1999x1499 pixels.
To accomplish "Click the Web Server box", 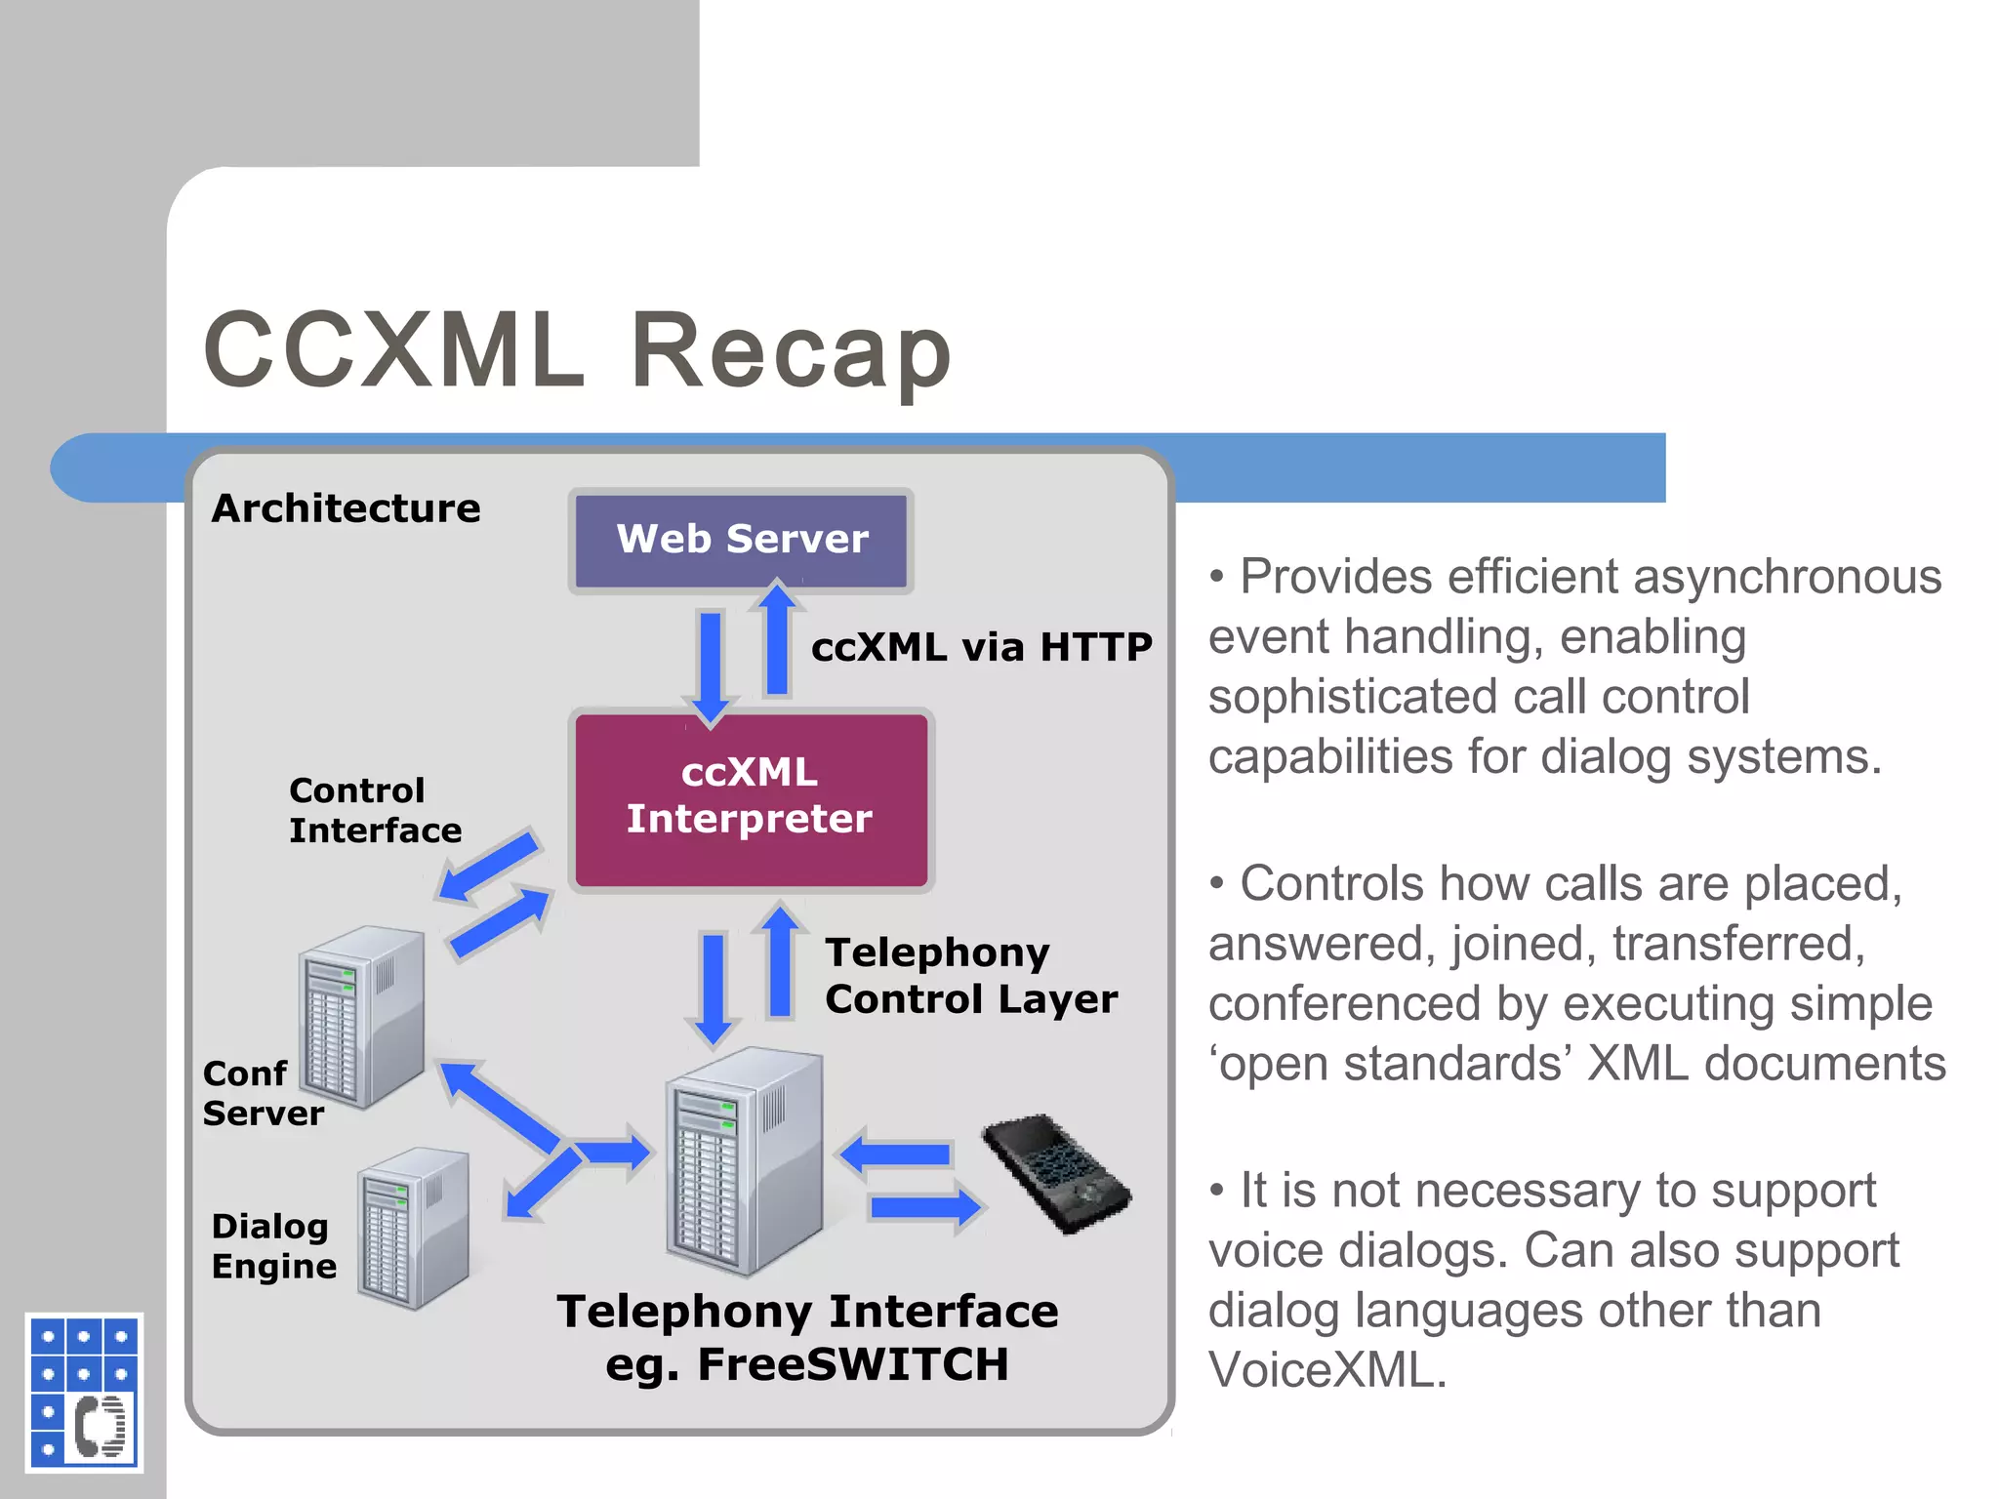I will [741, 540].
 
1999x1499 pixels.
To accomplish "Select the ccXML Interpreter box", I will [751, 798].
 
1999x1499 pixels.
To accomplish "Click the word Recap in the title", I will [791, 349].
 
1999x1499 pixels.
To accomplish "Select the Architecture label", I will [347, 508].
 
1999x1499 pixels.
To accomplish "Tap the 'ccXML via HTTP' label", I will [981, 647].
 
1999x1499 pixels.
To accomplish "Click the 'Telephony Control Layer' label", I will [970, 975].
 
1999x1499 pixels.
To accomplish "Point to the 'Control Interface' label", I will [374, 810].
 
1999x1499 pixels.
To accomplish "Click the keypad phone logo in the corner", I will [84, 1392].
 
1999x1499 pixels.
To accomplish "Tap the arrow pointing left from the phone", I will [896, 1155].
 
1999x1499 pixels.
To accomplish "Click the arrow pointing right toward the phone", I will [923, 1208].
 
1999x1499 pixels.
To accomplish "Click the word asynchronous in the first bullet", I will [1787, 577].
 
